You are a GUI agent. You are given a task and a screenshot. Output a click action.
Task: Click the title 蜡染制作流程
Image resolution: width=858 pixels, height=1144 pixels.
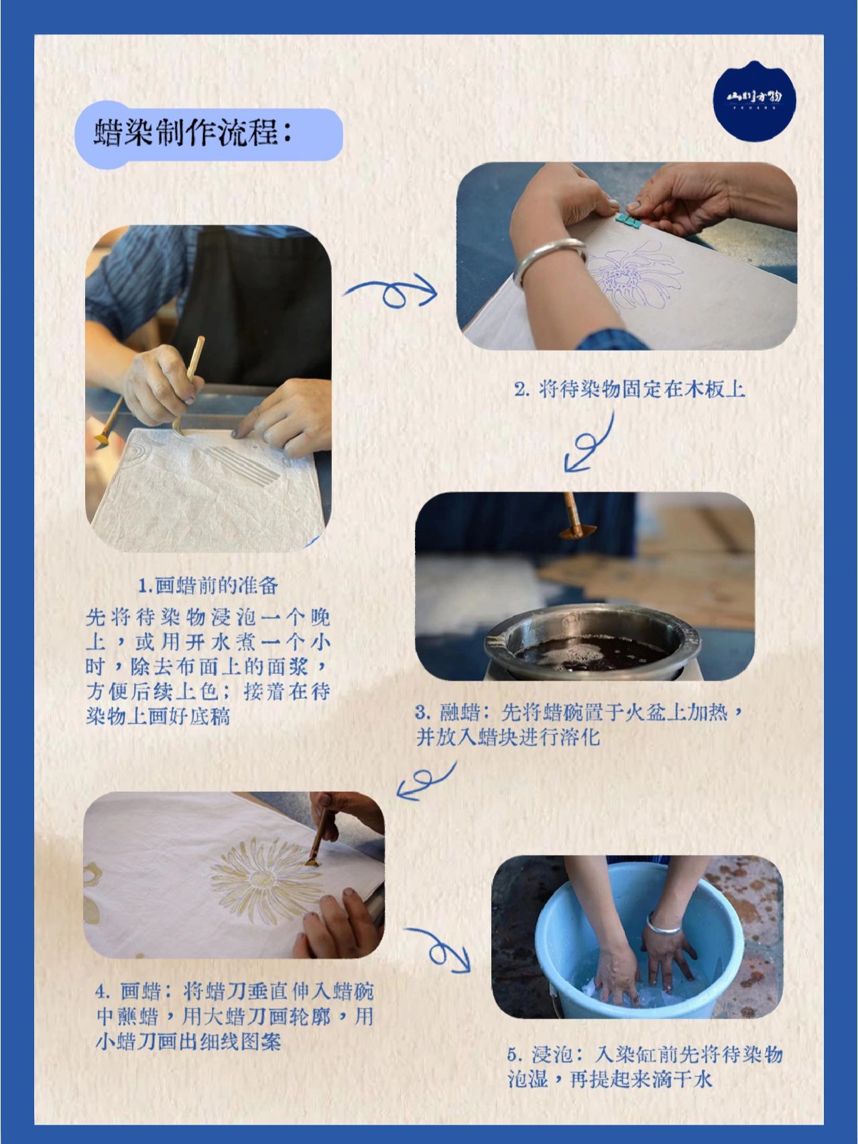[x=194, y=133]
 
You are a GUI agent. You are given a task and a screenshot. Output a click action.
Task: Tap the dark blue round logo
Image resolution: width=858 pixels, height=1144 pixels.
[x=754, y=101]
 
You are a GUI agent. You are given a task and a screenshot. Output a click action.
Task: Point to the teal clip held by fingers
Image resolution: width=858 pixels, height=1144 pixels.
[x=629, y=219]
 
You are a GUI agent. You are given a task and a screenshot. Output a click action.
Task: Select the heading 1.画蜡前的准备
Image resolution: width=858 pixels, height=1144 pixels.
[x=208, y=585]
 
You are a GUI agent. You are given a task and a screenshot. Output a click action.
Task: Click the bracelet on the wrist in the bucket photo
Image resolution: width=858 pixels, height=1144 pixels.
[x=663, y=926]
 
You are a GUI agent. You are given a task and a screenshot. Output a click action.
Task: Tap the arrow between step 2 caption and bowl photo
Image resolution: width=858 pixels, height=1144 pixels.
[x=590, y=443]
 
